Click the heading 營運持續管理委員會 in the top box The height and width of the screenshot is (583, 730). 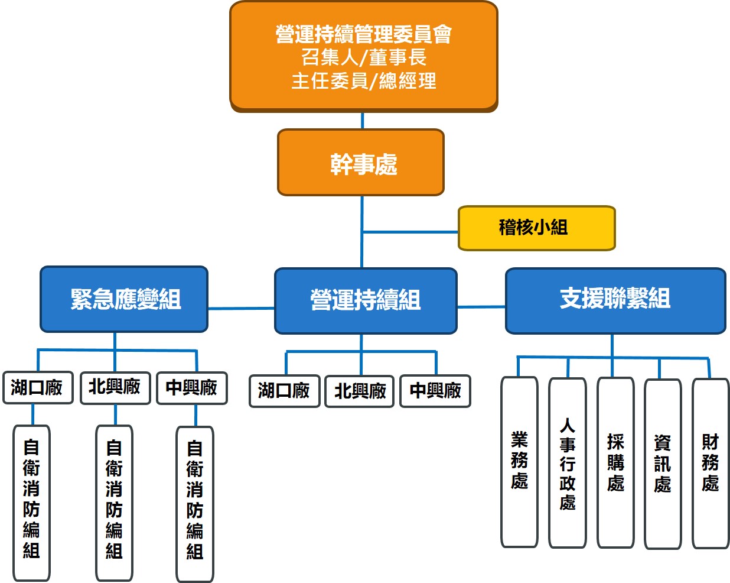[x=363, y=34]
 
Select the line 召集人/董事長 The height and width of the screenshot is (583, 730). [x=363, y=57]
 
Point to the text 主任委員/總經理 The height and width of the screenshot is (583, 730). [x=363, y=81]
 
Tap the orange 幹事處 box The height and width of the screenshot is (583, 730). [x=361, y=163]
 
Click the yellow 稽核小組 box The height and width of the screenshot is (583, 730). [x=536, y=228]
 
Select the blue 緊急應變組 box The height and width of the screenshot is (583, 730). [x=124, y=299]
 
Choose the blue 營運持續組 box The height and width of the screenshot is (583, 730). [x=366, y=300]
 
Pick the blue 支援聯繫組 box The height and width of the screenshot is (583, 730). [x=615, y=300]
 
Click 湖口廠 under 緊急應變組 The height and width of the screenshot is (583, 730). [x=37, y=388]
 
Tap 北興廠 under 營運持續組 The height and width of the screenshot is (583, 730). [x=360, y=391]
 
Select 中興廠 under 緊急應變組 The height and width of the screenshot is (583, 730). [x=192, y=388]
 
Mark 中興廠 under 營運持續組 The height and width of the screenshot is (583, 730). [x=435, y=391]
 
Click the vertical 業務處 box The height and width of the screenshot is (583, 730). [x=519, y=461]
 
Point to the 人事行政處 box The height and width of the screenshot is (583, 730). [x=567, y=463]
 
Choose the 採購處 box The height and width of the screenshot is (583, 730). [x=615, y=462]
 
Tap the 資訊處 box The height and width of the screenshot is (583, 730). [x=663, y=464]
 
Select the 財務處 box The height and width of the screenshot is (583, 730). [x=711, y=463]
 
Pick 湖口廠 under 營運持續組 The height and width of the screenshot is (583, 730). [x=284, y=391]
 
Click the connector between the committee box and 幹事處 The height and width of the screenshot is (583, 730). [x=362, y=121]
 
